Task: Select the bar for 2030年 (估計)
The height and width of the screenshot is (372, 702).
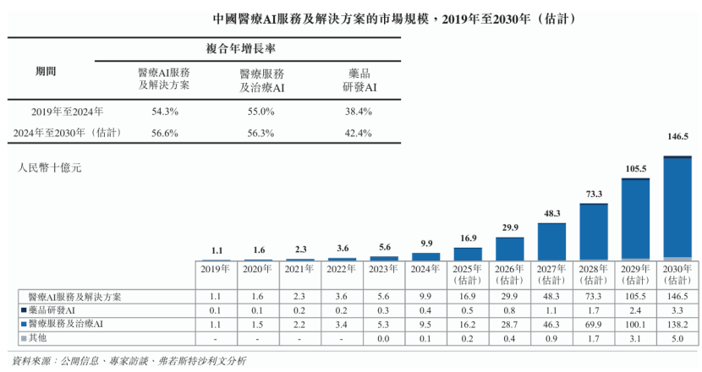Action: pos(677,208)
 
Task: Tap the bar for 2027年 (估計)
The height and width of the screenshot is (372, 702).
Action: pos(551,242)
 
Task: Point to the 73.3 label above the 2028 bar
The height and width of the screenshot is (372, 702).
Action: pos(593,194)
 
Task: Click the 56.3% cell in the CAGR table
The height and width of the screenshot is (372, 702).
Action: pos(261,133)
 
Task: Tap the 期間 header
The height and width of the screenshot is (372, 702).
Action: pos(46,72)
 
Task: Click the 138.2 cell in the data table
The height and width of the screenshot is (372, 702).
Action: pos(677,324)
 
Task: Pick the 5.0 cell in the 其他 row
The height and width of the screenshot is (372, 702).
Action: pos(677,338)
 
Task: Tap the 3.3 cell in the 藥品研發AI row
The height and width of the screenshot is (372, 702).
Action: pos(677,310)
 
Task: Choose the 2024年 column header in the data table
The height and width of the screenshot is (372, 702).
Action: pos(425,269)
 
